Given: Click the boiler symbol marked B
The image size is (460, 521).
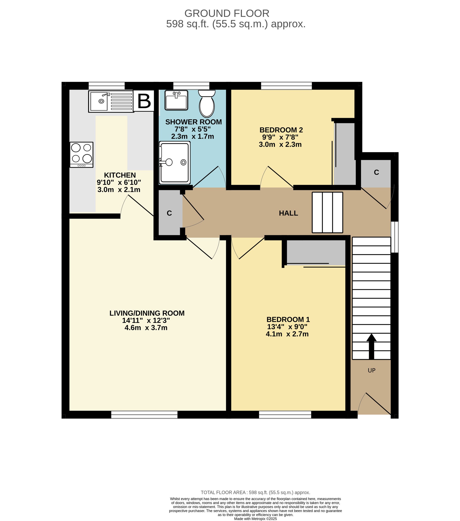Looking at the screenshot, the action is tap(144, 101).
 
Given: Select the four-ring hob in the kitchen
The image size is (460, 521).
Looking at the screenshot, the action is tap(82, 155).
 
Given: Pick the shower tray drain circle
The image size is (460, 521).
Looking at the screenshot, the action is tap(183, 162).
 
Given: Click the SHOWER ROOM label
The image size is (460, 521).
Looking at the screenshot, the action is tap(194, 122).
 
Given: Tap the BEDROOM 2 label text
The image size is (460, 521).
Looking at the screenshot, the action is tap(281, 130).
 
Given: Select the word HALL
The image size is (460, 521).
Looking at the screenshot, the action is tap(288, 213).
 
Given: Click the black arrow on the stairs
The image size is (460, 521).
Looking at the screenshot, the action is tap(372, 346).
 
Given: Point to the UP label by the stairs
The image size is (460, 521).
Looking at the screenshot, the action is tap(372, 370).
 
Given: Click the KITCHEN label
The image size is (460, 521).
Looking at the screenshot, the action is tap(120, 175).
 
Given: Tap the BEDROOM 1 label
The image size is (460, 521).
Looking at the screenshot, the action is tap(288, 319).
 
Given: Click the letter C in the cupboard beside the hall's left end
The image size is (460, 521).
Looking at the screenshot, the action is tap(169, 213).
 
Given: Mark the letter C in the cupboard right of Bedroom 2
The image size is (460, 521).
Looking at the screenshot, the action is tap(376, 173).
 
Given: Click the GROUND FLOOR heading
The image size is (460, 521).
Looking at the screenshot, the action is tap(227, 13).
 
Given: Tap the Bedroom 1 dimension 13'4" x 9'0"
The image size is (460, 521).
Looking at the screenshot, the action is tap(287, 327).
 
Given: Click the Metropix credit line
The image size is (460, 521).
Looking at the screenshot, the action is tap(255, 519).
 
